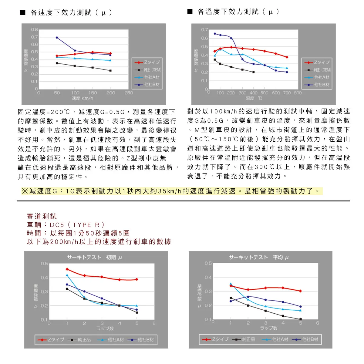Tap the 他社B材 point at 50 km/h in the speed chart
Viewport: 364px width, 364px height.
pyautogui.click(x=57, y=38)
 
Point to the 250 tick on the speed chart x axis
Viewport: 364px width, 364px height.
pyautogui.click(x=129, y=93)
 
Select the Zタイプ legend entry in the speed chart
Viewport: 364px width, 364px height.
pyautogui.click(x=147, y=62)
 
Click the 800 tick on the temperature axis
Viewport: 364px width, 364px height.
pyautogui.click(x=298, y=93)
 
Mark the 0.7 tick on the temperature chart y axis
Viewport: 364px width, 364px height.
pyautogui.click(x=204, y=30)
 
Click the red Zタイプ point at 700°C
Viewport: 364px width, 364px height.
pyautogui.click(x=287, y=57)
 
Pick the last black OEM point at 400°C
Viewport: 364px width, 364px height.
pyautogui.click(x=253, y=72)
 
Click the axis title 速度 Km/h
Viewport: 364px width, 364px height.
pyautogui.click(x=83, y=98)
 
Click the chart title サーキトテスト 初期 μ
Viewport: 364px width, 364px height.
pyautogui.click(x=94, y=258)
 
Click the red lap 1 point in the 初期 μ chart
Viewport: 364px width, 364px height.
pyautogui.click(x=67, y=269)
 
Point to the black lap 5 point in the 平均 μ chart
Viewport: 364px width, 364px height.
pyautogui.click(x=300, y=319)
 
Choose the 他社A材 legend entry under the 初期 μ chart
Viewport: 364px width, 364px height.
pyautogui.click(x=111, y=340)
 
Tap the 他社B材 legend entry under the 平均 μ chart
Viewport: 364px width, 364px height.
pyautogui.click(x=305, y=339)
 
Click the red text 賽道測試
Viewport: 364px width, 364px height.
pyautogui.click(x=42, y=216)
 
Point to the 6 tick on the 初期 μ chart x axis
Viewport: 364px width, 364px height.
pyautogui.click(x=154, y=323)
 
